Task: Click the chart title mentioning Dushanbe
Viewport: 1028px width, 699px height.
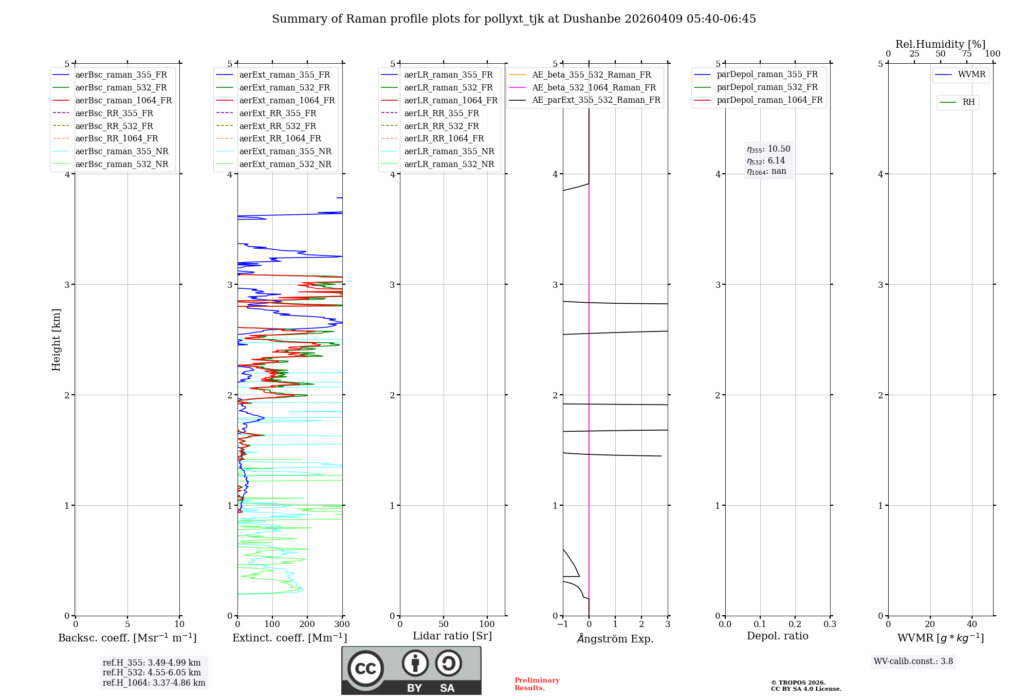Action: coord(514,19)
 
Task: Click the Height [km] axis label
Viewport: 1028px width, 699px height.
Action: coord(57,340)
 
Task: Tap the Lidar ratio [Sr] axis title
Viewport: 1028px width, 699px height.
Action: coord(452,636)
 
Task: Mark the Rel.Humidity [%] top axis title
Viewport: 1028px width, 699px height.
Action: coord(940,44)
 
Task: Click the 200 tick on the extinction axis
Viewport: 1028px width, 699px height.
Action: coord(307,624)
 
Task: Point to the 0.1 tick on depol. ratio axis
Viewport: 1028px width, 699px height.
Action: coord(760,624)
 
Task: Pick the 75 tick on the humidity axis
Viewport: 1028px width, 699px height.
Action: coord(967,54)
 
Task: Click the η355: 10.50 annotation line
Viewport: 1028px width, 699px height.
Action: coord(768,149)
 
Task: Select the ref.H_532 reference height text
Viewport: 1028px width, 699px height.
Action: coord(152,673)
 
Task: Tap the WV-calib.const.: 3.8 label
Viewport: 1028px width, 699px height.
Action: coord(913,661)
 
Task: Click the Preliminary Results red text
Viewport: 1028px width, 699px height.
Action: coord(537,684)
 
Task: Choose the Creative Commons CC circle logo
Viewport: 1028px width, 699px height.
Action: coord(365,669)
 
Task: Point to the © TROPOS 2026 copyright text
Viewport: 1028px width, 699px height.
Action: coord(798,683)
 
